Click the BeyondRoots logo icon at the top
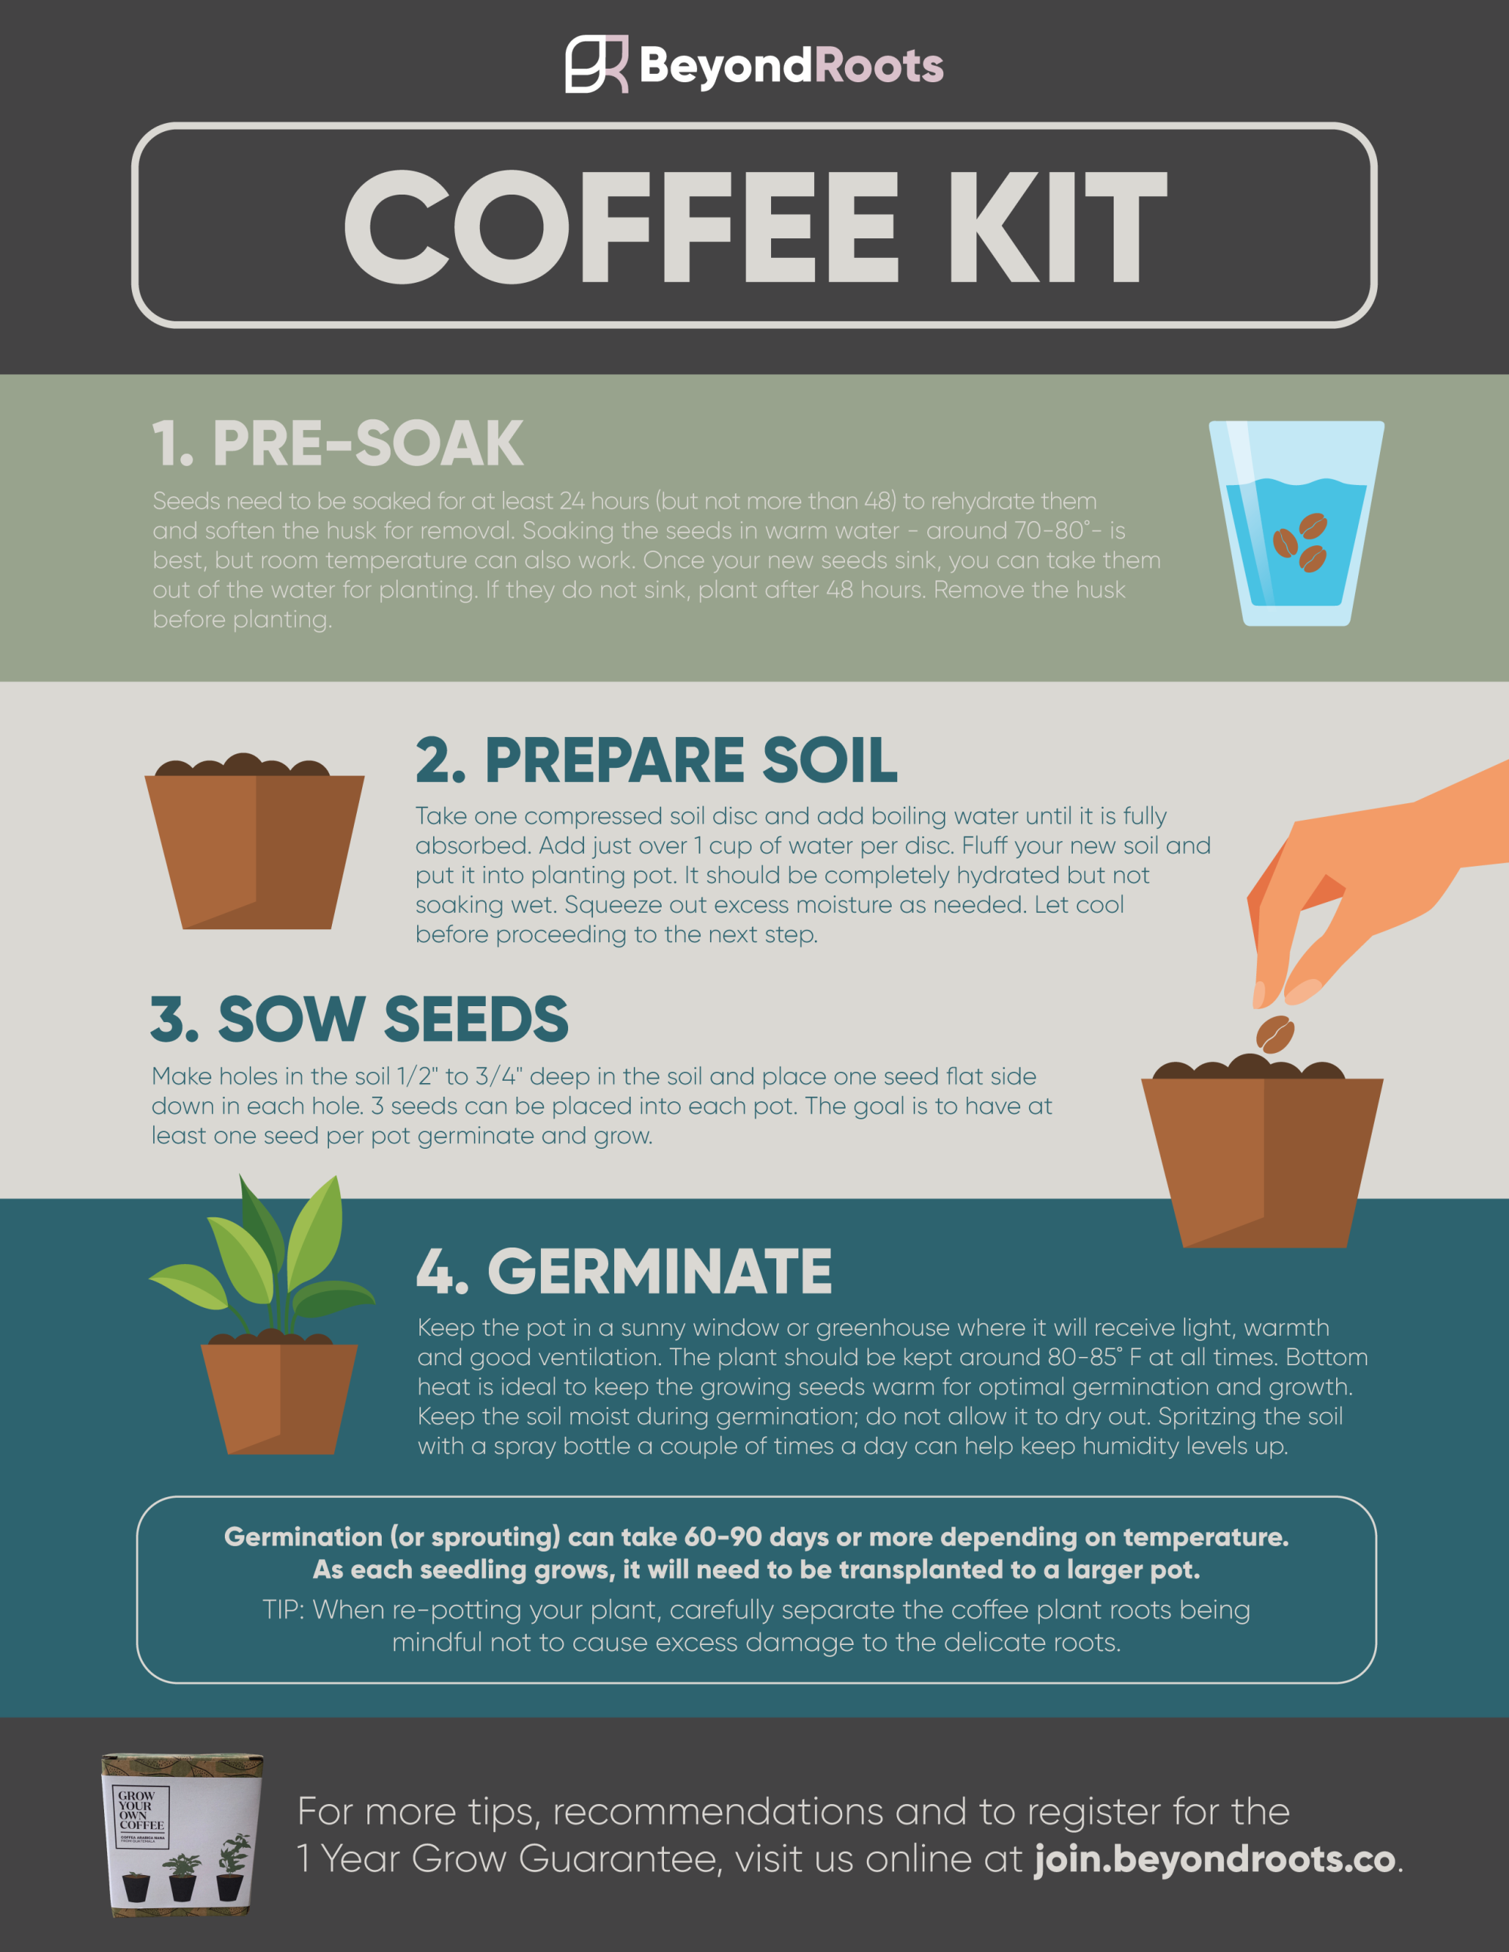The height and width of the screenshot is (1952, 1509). pyautogui.click(x=595, y=64)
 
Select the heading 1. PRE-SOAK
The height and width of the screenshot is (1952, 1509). pyautogui.click(x=337, y=443)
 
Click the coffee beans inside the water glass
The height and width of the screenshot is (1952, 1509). pyautogui.click(x=1301, y=542)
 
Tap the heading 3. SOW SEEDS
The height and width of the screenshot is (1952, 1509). pyautogui.click(x=359, y=1019)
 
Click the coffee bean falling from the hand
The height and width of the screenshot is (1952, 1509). pyautogui.click(x=1275, y=1034)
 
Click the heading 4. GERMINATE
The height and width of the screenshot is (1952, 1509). pyautogui.click(x=624, y=1271)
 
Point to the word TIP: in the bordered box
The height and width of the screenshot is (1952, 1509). pyautogui.click(x=284, y=1610)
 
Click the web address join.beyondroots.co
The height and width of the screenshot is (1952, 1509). pyautogui.click(x=1215, y=1860)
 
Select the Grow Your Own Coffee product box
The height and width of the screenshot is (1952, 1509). pyautogui.click(x=183, y=1834)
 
